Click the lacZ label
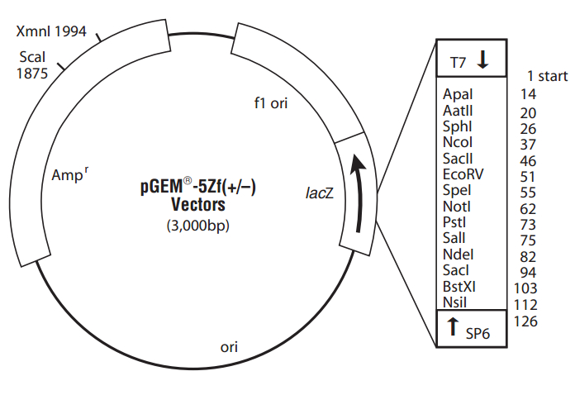click(x=320, y=193)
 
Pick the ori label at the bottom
click(x=229, y=346)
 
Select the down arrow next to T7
click(x=483, y=60)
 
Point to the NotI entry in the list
click(x=457, y=207)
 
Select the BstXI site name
click(x=459, y=286)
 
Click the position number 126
click(x=525, y=321)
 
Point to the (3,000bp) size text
click(x=198, y=225)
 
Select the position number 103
click(x=525, y=288)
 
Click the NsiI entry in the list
click(x=456, y=302)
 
